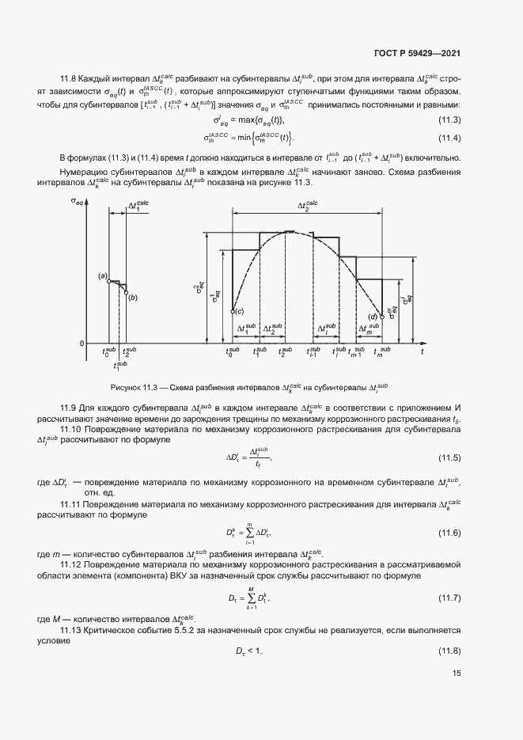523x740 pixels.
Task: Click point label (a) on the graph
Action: (103, 275)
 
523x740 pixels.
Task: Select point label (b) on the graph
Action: (132, 297)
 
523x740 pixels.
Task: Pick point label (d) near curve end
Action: (373, 317)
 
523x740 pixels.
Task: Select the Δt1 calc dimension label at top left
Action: (138, 205)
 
